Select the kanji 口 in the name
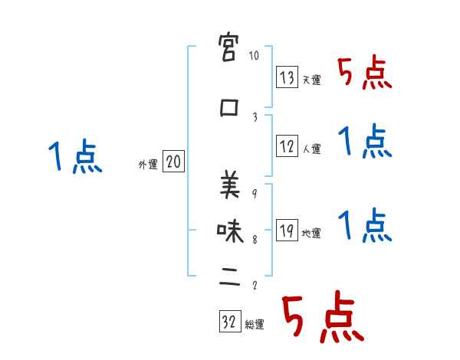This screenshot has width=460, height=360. click(229, 109)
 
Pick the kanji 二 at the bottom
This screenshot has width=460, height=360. click(229, 278)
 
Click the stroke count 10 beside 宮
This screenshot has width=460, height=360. click(254, 56)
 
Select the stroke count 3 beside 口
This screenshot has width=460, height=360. click(254, 116)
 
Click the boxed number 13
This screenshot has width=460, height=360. click(287, 77)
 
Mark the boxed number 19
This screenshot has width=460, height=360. click(287, 231)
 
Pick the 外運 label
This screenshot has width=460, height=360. click(148, 164)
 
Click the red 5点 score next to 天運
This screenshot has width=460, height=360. click(364, 73)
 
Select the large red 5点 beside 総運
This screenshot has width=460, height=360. click(322, 318)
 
